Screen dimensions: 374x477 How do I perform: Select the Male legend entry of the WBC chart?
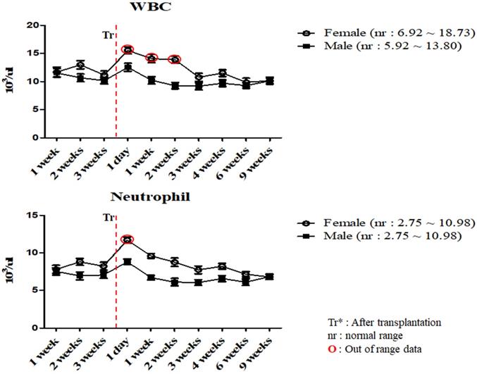tap(380, 46)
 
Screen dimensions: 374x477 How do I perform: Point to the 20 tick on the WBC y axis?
tap(33, 25)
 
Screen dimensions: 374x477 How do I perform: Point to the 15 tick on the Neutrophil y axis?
tap(33, 215)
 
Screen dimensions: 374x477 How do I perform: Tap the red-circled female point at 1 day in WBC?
tap(128, 49)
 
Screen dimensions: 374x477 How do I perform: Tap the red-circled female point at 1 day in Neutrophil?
tap(128, 239)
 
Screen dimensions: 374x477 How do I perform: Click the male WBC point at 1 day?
tap(128, 67)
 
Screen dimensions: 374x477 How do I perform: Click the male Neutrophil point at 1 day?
tap(128, 262)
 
